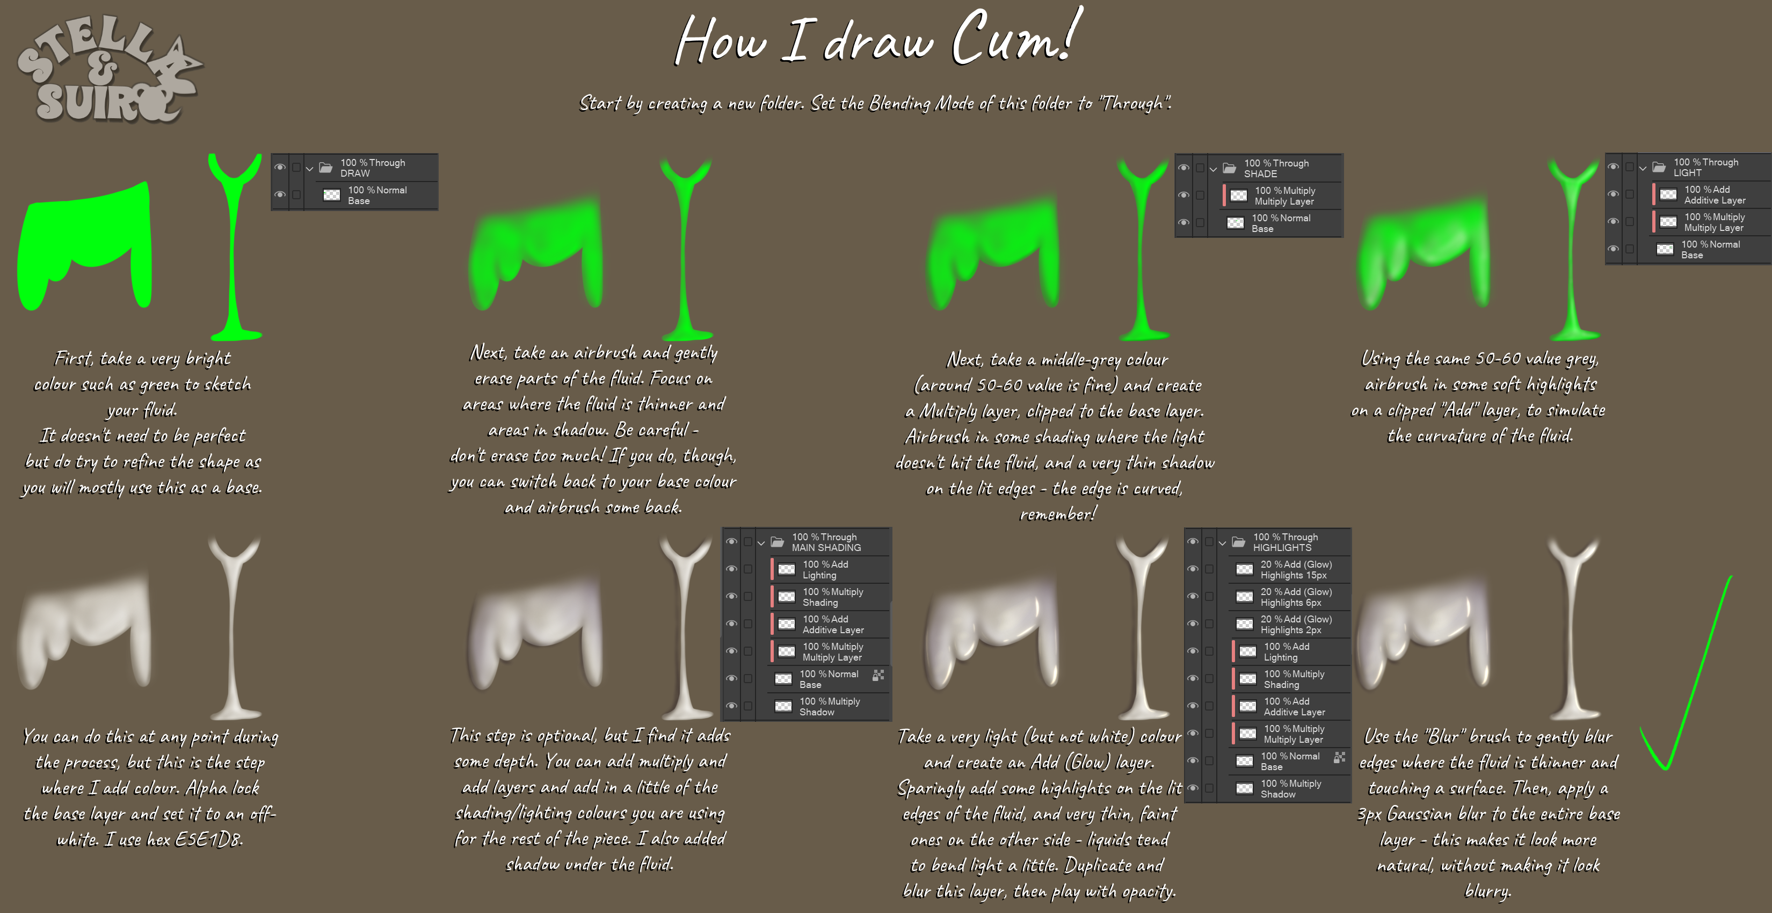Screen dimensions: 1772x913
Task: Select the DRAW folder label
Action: (355, 173)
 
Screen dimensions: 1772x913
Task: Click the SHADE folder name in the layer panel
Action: (1260, 174)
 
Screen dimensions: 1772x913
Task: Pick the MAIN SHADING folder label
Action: (826, 548)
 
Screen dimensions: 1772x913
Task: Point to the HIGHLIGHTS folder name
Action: (1282, 548)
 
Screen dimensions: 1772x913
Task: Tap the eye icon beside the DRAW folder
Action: (280, 167)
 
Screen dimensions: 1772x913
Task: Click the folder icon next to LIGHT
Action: (1659, 167)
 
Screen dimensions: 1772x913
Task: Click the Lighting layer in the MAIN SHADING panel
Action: (825, 570)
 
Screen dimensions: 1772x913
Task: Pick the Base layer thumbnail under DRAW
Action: (331, 195)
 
